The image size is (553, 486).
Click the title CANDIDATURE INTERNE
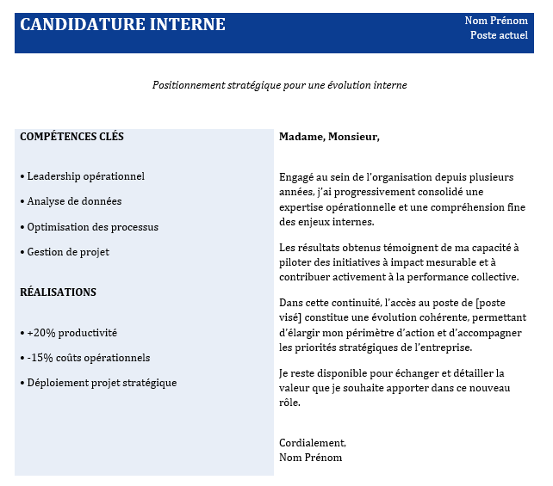(x=122, y=25)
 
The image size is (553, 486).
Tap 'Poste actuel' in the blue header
(x=499, y=35)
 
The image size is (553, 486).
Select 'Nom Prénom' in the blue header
(x=496, y=21)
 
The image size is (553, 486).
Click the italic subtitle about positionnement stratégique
(x=279, y=85)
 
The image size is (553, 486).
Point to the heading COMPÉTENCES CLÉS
(x=71, y=137)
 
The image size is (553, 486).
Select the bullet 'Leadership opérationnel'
(x=83, y=176)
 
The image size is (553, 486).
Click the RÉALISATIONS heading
(x=58, y=292)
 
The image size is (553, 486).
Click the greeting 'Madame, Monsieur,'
(x=329, y=137)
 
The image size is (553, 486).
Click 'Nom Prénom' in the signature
(x=310, y=458)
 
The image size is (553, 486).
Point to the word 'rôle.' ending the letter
(x=291, y=402)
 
